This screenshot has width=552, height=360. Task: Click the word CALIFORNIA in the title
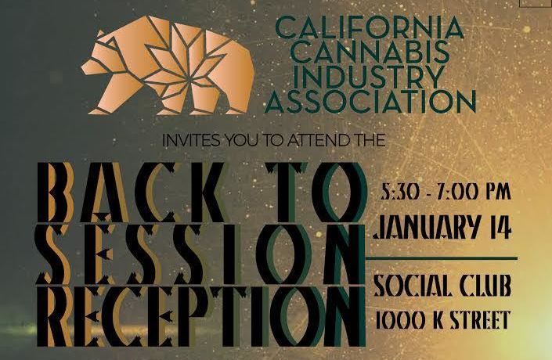pos(370,28)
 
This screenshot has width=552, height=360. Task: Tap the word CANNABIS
pos(371,52)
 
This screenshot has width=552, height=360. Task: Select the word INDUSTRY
pos(368,77)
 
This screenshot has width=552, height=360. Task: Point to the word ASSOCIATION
pos(370,101)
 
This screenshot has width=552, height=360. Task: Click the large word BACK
pos(129,193)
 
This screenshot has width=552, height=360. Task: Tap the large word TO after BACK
pos(316,193)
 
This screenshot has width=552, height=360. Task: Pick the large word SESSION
pos(200,254)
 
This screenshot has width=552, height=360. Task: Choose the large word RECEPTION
pos(200,316)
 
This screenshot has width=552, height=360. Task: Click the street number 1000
pos(400,319)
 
